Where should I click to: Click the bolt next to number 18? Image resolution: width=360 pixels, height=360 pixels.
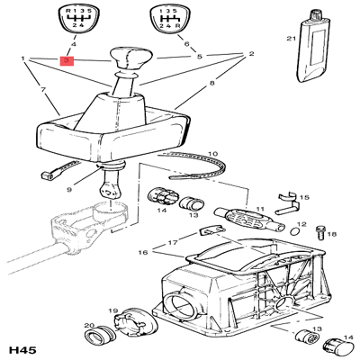click(320, 231)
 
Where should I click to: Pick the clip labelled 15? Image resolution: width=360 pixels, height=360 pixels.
click(290, 202)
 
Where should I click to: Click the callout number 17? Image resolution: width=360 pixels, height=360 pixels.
click(171, 243)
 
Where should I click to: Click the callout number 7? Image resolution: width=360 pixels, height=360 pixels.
click(42, 90)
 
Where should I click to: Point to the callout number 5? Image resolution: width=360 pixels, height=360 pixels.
click(199, 56)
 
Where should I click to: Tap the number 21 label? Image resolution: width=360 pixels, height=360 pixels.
click(290, 39)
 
